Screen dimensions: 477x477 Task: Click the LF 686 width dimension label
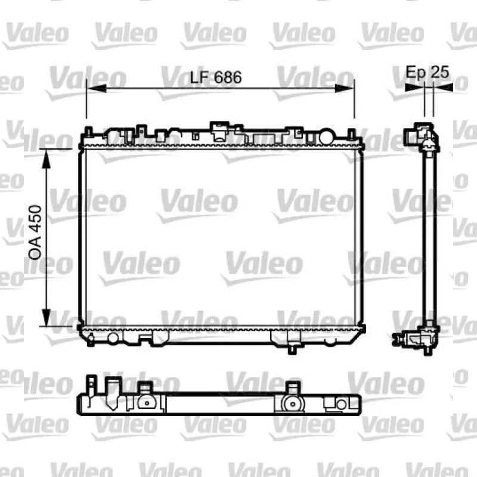tap(216, 78)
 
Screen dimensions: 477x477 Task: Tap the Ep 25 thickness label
tap(428, 72)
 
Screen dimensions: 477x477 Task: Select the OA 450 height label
tap(35, 233)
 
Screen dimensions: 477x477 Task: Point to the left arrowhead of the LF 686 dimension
tap(97, 88)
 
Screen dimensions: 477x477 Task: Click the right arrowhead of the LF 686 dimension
tap(345, 88)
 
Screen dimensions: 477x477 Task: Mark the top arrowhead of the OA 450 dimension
tap(47, 159)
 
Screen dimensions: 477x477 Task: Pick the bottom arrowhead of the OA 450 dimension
tap(47, 317)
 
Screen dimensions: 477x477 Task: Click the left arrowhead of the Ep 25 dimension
tap(414, 87)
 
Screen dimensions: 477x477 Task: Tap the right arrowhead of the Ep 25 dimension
tap(443, 87)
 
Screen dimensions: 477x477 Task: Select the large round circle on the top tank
tap(327, 137)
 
